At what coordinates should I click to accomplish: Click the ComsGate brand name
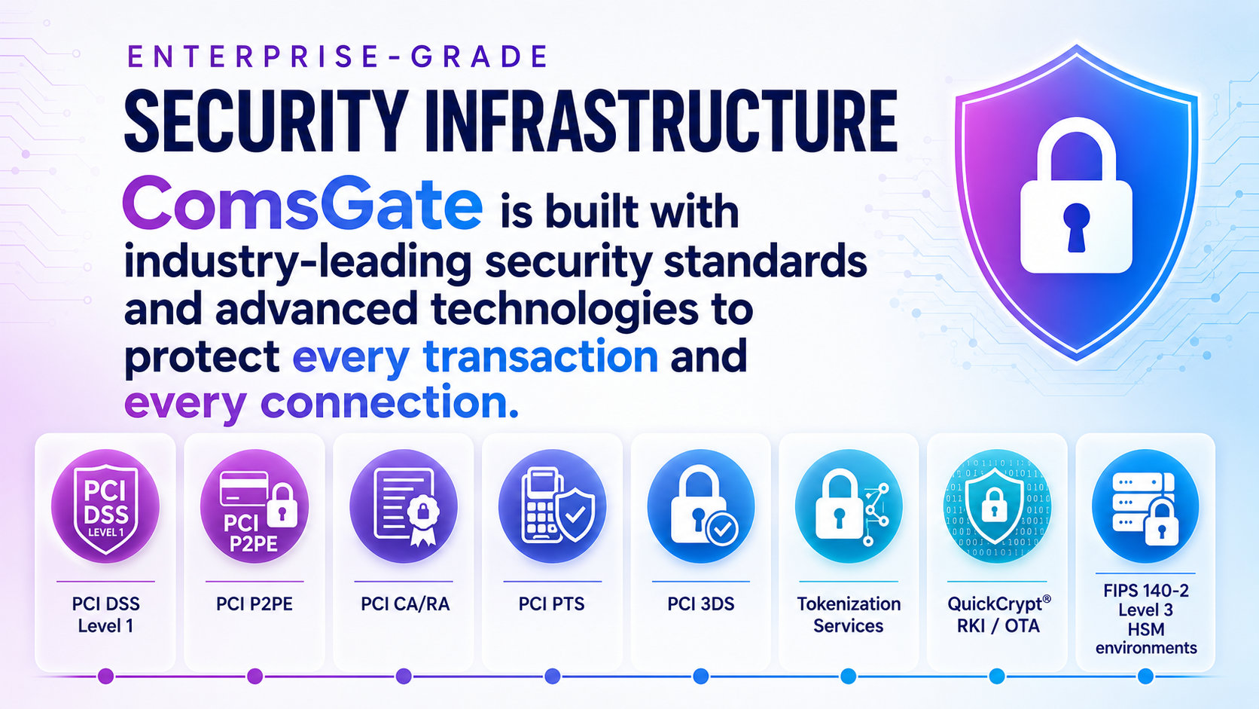point(303,202)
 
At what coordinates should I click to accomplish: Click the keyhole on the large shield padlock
point(1076,227)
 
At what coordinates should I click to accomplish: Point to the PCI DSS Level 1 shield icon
point(105,506)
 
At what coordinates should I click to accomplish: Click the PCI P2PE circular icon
point(255,506)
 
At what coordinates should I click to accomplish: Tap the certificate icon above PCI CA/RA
point(404,506)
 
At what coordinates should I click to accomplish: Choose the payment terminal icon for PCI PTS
point(553,506)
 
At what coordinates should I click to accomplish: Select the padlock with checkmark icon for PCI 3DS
point(701,506)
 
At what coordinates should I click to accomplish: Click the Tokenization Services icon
point(849,506)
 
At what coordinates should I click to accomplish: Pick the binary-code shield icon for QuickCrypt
point(997,506)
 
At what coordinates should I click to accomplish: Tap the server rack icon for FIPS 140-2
point(1145,506)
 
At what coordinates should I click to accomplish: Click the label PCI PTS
point(552,604)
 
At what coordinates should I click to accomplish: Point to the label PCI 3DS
point(701,604)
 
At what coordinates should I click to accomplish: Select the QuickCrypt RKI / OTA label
point(998,615)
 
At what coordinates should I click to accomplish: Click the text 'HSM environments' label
point(1146,638)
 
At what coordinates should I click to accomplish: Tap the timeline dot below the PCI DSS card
point(105,676)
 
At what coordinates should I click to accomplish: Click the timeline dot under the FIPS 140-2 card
point(1145,676)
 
